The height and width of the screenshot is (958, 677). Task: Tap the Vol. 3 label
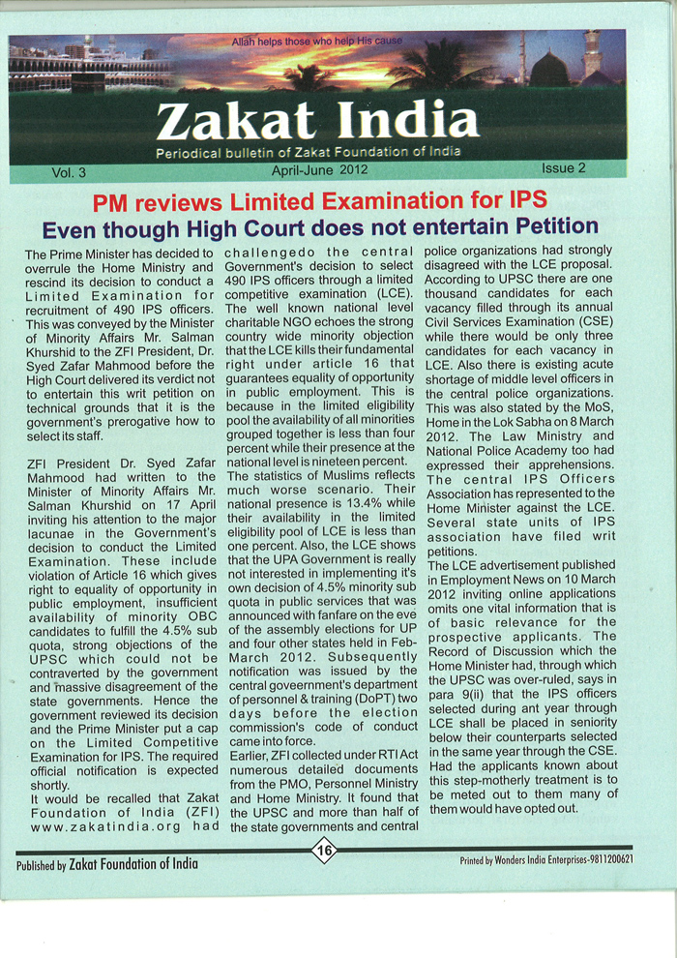click(x=69, y=172)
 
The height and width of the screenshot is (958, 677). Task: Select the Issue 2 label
click(x=563, y=167)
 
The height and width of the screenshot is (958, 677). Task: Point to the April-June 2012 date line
click(x=319, y=169)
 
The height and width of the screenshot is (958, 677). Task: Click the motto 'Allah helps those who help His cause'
click(x=316, y=41)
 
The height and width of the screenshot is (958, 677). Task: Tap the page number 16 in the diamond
click(x=323, y=850)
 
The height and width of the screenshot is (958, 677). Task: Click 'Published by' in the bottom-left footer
click(x=42, y=864)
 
